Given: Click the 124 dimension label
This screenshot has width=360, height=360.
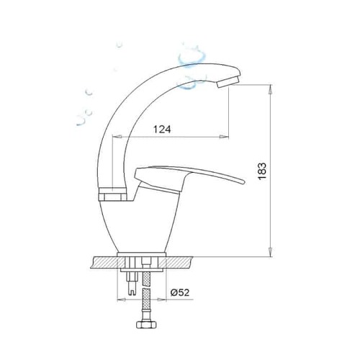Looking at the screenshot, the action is pyautogui.click(x=162, y=130).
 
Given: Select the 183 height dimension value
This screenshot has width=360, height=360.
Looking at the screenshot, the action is pyautogui.click(x=262, y=171).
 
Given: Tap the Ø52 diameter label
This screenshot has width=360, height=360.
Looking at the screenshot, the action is pyautogui.click(x=180, y=292).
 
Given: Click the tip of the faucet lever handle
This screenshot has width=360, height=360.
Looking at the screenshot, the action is pyautogui.click(x=243, y=181).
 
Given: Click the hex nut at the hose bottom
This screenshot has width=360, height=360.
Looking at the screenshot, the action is pyautogui.click(x=147, y=325).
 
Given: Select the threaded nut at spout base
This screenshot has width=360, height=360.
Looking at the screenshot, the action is pyautogui.click(x=113, y=194).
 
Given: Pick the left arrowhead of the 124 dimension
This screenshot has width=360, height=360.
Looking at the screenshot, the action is pyautogui.click(x=117, y=137).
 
